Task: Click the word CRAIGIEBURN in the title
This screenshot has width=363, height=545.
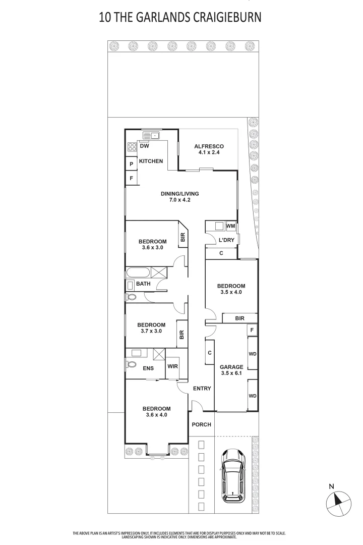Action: tap(227, 18)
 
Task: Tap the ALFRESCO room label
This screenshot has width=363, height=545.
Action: tap(209, 147)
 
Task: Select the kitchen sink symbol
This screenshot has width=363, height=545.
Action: tap(151, 135)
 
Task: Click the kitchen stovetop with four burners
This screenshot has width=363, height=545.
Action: tap(132, 147)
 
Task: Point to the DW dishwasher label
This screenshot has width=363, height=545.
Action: tap(144, 147)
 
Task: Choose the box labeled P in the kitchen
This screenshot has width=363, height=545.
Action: tap(131, 164)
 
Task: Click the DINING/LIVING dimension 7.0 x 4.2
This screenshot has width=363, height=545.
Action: tap(179, 200)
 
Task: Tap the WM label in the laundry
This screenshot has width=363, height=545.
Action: tap(230, 226)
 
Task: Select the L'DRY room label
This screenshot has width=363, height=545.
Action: tap(226, 240)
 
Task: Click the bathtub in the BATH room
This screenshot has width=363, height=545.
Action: tap(139, 273)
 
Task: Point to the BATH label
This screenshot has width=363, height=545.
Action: tap(143, 284)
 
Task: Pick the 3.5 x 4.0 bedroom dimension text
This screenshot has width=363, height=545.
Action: tap(231, 292)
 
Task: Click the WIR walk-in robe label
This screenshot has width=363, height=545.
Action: tap(172, 367)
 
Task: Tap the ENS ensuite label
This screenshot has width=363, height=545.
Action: tap(148, 369)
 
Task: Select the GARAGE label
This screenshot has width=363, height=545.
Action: tap(231, 367)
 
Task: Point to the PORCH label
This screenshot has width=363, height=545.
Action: tap(202, 425)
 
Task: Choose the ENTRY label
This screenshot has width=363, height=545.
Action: tap(202, 389)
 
